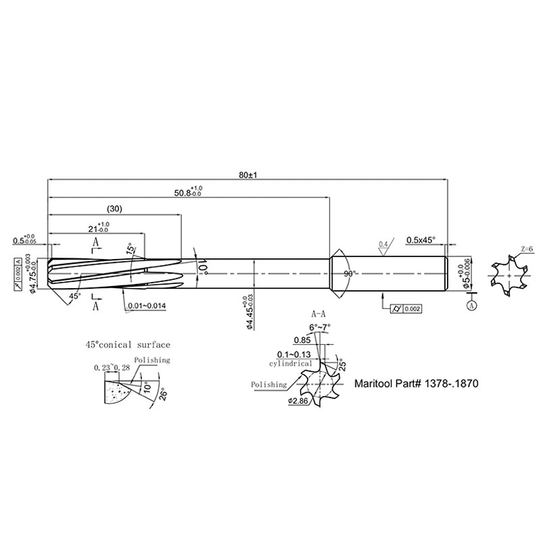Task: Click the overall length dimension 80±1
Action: [248, 174]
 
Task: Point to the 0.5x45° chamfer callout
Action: [421, 240]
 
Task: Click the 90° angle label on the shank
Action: [350, 273]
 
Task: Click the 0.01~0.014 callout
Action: [146, 306]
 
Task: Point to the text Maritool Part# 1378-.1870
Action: [417, 383]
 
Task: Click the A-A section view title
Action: [319, 315]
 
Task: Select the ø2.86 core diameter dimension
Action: [298, 401]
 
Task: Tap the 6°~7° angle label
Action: [320, 328]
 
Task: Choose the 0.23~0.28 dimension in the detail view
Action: [112, 368]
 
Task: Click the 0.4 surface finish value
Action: [383, 243]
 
